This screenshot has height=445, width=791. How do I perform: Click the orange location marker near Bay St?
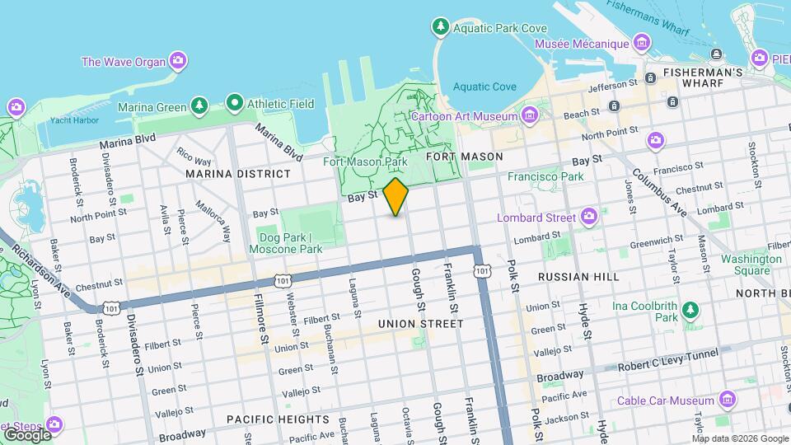click(x=395, y=197)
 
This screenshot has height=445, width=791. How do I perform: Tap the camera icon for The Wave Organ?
click(x=177, y=60)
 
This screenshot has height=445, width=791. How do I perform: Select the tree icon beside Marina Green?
click(x=199, y=105)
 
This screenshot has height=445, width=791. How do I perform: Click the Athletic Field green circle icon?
click(x=235, y=104)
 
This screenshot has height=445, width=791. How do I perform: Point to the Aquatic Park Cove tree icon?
click(x=441, y=27)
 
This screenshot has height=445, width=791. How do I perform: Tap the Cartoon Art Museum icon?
click(x=528, y=115)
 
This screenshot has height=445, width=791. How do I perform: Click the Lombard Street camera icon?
click(x=588, y=217)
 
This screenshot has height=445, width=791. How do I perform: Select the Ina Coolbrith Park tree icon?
click(x=690, y=311)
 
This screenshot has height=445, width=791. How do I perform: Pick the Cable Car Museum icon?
click(x=726, y=400)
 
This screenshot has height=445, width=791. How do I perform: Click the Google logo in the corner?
click(x=26, y=434)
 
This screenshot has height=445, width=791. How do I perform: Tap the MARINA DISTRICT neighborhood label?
click(x=238, y=174)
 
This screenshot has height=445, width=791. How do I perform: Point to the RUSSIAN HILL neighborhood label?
click(x=578, y=277)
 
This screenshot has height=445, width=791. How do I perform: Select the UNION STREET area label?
click(x=420, y=324)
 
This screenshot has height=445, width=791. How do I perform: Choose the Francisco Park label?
click(x=545, y=176)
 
